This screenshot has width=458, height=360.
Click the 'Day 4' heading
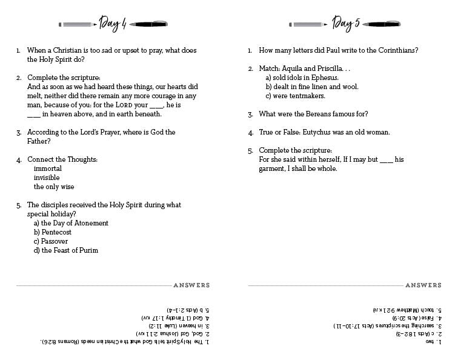click(x=113, y=24)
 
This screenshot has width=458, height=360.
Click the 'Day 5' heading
click(x=346, y=24)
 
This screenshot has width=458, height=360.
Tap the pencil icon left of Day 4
click(x=77, y=25)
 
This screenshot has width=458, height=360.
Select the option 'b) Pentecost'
click(x=53, y=232)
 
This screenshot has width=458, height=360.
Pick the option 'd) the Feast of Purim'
click(x=66, y=250)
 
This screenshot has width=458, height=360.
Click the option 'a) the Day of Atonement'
click(x=71, y=223)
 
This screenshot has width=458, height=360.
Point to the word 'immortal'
click(x=48, y=168)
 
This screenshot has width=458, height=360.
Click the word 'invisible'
click(x=47, y=178)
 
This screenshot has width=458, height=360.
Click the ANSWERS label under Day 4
click(x=191, y=285)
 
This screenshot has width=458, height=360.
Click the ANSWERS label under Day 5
click(x=423, y=285)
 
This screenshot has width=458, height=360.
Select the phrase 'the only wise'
click(x=54, y=187)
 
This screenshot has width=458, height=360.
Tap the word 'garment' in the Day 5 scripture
click(x=274, y=168)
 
